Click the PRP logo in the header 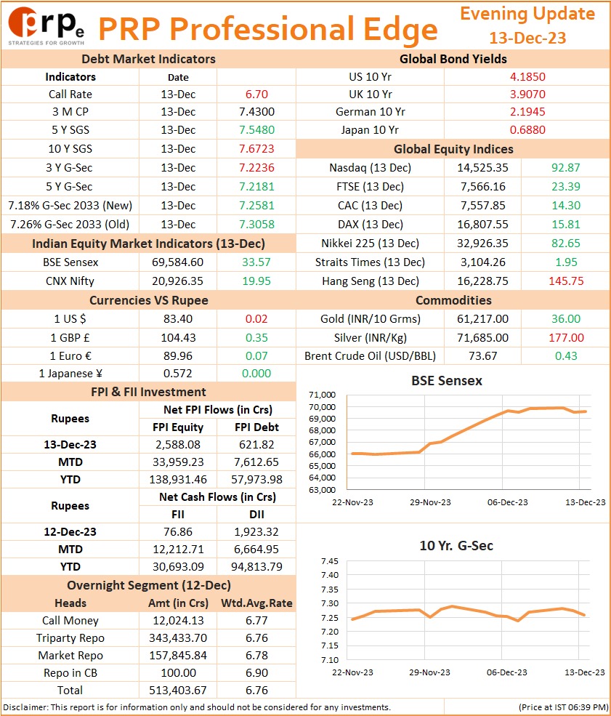[x=46, y=26]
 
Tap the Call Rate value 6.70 [x=256, y=94]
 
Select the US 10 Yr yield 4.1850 [x=527, y=77]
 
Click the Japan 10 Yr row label [x=370, y=130]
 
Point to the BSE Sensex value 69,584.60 [x=177, y=262]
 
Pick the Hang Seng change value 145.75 [x=566, y=281]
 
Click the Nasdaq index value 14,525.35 [x=482, y=168]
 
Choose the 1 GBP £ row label [x=70, y=338]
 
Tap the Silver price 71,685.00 [x=482, y=338]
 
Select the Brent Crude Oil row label [x=370, y=356]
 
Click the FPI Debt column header [x=256, y=427]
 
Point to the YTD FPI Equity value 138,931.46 [x=178, y=480]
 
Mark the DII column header [x=256, y=515]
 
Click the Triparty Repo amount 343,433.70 [x=178, y=638]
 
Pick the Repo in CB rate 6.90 [x=256, y=673]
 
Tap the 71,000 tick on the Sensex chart [x=322, y=395]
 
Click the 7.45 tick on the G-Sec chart [x=330, y=562]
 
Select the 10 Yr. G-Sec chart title [x=456, y=546]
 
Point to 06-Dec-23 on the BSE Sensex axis [x=507, y=502]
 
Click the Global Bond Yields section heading [x=453, y=60]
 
